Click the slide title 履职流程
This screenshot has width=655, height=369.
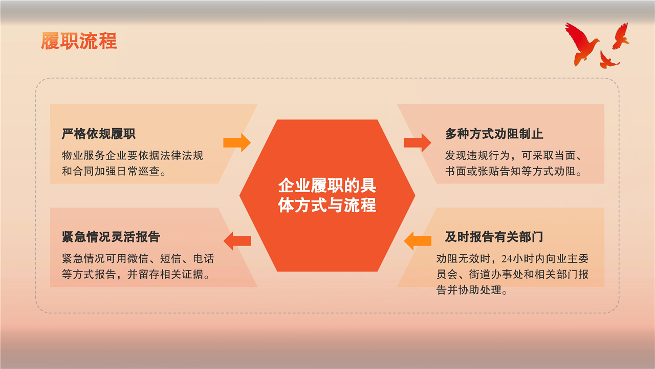tap(79, 40)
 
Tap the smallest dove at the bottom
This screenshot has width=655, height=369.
tap(609, 60)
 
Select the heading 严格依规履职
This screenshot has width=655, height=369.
tap(99, 134)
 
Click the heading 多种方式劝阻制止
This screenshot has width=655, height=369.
tap(494, 134)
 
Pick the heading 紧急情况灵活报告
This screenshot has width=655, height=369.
tap(111, 237)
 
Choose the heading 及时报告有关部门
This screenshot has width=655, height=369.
tap(494, 237)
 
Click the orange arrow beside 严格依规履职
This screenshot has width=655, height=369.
tap(237, 142)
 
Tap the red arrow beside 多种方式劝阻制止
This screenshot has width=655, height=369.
tap(417, 142)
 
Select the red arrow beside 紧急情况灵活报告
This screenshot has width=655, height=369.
tap(237, 241)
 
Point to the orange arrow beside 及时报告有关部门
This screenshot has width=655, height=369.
tap(418, 241)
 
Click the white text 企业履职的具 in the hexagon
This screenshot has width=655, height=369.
tap(327, 186)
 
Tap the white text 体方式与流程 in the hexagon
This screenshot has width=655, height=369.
tap(327, 205)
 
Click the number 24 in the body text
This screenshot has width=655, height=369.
tap(507, 259)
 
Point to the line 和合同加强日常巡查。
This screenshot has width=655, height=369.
tap(114, 171)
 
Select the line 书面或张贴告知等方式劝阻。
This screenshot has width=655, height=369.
tap(514, 171)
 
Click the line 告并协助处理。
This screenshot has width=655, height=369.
tap(472, 290)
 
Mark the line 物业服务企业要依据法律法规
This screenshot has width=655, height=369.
tap(133, 155)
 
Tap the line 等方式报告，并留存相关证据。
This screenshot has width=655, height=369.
tap(136, 274)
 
